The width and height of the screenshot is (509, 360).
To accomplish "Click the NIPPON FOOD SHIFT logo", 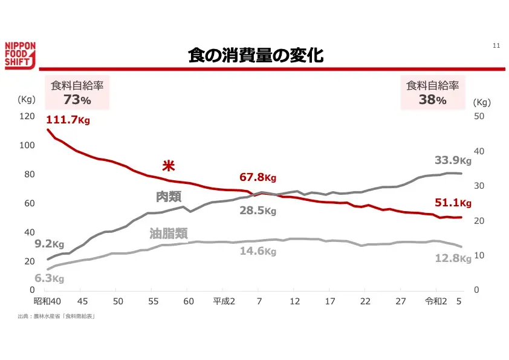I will [21, 56].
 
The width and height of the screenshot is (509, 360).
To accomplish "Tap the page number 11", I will [496, 46].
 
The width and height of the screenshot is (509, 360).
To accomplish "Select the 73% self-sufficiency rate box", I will [77, 93].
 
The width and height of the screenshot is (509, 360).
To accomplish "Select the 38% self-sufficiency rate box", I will [432, 93].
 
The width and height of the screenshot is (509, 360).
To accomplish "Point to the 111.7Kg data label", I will [68, 120].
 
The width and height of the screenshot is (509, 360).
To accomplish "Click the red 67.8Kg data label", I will [258, 177].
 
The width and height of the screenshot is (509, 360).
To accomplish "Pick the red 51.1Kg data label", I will [453, 203].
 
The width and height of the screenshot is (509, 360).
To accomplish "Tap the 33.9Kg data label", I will [453, 160].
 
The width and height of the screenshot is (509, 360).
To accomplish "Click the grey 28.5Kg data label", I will [258, 211].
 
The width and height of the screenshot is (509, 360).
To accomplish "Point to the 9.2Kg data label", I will [49, 244].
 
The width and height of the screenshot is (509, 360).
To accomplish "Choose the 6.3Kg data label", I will [49, 278].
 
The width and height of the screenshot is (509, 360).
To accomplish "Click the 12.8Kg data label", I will [453, 258].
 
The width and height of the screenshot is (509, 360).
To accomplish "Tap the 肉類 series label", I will [169, 197].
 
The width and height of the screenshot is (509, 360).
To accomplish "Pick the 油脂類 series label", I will [169, 233].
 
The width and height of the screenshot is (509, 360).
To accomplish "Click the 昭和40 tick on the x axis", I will [48, 301].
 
